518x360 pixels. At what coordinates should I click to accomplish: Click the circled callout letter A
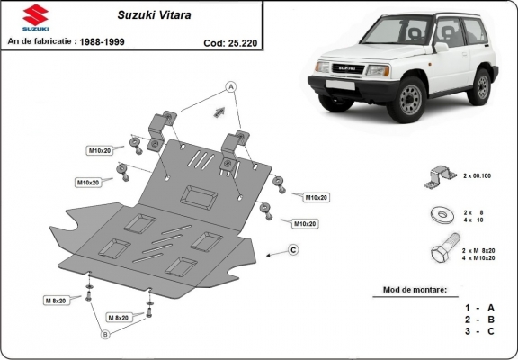(230, 86)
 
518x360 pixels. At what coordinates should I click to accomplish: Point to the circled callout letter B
(104, 334)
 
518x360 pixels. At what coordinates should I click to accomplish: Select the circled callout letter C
(293, 249)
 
